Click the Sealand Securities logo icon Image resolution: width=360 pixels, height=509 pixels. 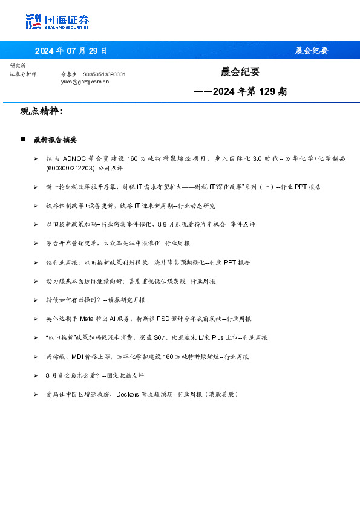coord(33,21)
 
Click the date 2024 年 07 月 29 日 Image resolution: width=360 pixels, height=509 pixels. coord(71,51)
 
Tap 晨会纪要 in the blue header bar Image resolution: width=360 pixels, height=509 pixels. coord(312,51)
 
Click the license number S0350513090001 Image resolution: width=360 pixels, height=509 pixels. coord(104,74)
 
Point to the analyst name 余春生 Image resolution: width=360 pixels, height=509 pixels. coord(68,74)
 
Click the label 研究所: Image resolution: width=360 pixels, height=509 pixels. coord(19,65)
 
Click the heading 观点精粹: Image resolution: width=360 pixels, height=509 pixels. coord(41,111)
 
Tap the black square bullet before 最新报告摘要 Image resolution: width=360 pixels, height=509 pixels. coord(23,139)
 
